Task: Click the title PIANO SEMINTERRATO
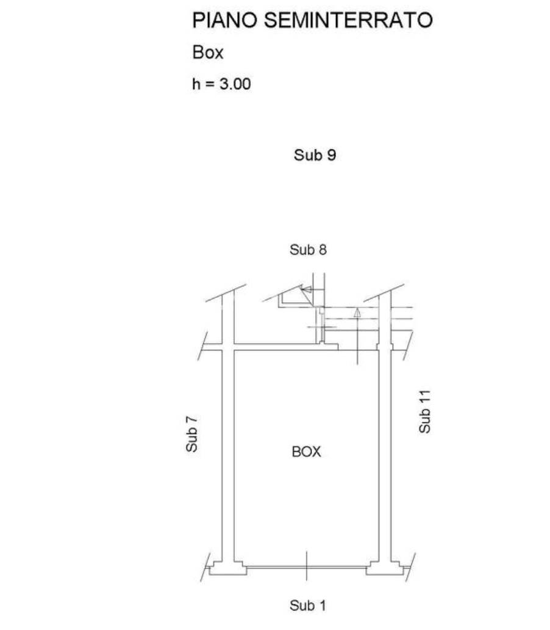click(x=312, y=20)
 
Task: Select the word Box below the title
click(x=207, y=52)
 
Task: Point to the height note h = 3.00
click(x=221, y=84)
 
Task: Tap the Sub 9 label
click(x=315, y=155)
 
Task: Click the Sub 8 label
click(x=309, y=250)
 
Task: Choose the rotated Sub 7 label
click(x=192, y=434)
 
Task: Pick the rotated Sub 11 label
click(x=424, y=411)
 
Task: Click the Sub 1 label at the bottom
click(x=307, y=606)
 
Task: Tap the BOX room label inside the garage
click(x=306, y=452)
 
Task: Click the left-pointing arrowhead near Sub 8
click(x=306, y=289)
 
